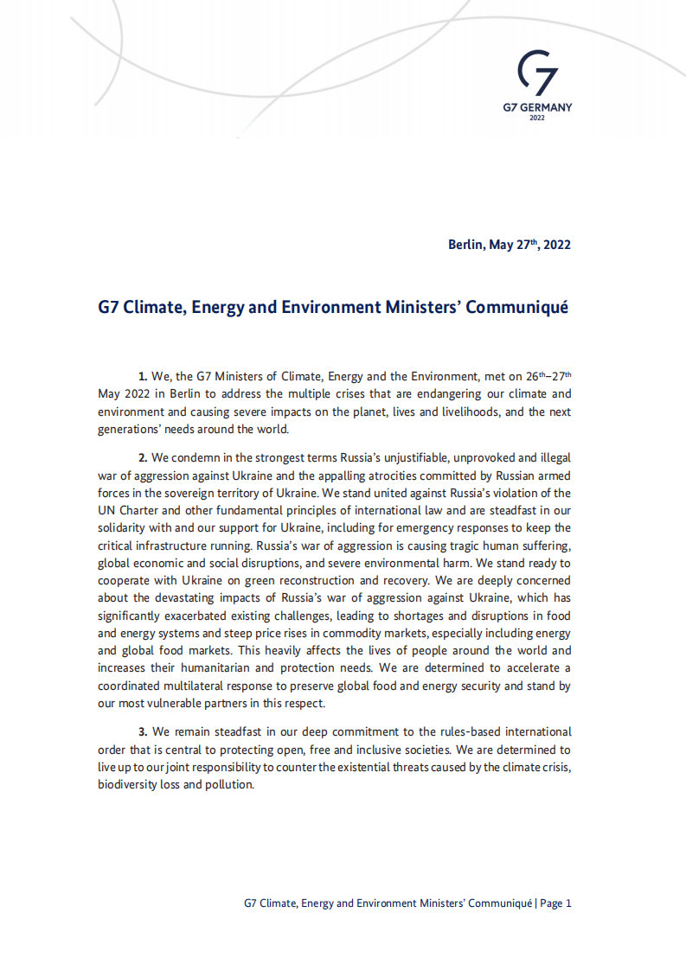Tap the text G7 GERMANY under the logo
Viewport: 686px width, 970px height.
click(x=536, y=108)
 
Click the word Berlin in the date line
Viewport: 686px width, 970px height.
click(x=466, y=245)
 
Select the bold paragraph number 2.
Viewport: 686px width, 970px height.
click(x=143, y=458)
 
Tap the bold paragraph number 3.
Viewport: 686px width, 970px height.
click(x=143, y=731)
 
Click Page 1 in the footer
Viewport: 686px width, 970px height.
click(x=556, y=903)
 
